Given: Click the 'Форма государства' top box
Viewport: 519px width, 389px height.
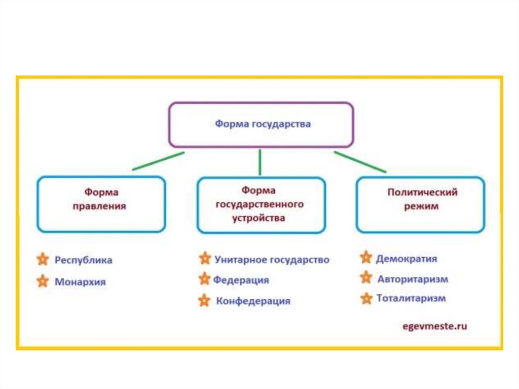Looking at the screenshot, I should (261, 124).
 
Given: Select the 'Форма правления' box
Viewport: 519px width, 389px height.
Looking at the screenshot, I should (101, 204).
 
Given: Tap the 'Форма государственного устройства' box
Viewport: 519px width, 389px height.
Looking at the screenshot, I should (261, 205).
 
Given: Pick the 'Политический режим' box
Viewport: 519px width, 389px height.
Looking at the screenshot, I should (420, 204).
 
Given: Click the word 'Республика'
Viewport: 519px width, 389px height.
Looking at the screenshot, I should (84, 260).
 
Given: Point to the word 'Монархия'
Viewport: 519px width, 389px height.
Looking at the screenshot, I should (80, 282).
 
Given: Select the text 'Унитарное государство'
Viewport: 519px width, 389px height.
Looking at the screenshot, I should (272, 260).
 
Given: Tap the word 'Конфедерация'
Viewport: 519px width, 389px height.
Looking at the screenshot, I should (253, 301).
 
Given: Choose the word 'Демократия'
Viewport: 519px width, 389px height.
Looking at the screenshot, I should (406, 259).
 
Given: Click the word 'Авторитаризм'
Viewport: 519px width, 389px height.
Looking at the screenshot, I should (413, 279).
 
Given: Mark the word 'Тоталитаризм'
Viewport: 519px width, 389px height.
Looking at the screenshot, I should (411, 298).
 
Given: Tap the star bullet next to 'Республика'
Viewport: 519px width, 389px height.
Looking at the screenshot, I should (43, 260).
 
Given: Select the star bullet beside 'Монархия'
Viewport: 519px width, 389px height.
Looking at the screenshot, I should (43, 281).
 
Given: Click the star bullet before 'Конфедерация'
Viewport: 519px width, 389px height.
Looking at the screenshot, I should (204, 301).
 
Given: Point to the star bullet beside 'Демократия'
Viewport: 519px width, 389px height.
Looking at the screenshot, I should (366, 258).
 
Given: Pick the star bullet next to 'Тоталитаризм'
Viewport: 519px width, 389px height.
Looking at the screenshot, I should (366, 298).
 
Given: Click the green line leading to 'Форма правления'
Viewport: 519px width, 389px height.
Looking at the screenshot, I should (158, 161).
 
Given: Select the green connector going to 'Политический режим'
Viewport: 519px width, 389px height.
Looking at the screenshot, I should (360, 162).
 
